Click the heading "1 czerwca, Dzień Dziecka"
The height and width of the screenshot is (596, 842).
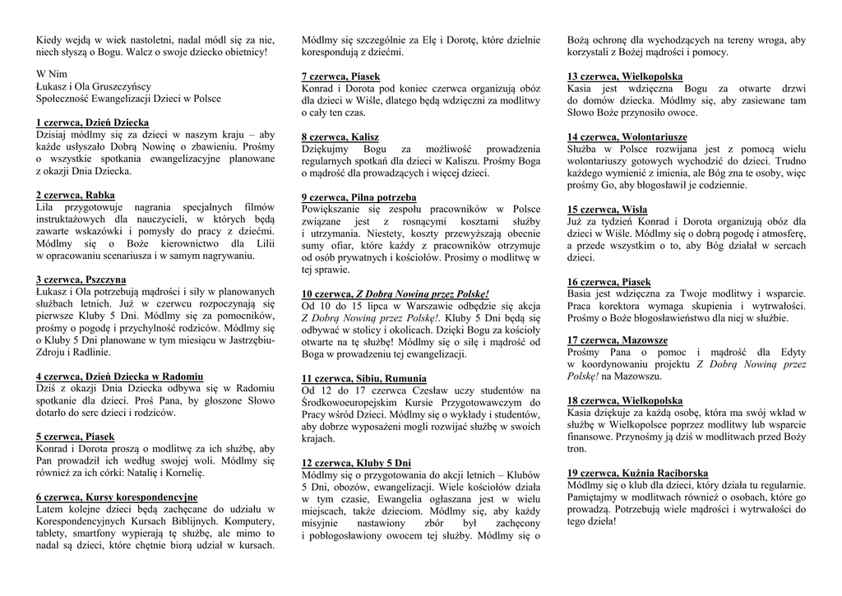pyautogui.click(x=92, y=122)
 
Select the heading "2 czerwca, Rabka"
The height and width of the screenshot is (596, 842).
pyautogui.click(x=76, y=195)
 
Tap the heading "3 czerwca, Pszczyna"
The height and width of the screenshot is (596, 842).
pyautogui.click(x=81, y=280)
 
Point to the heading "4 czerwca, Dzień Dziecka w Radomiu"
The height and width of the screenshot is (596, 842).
pyautogui.click(x=119, y=377)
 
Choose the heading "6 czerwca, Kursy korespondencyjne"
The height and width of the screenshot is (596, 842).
pyautogui.click(x=117, y=497)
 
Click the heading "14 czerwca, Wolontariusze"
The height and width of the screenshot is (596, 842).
pyautogui.click(x=627, y=136)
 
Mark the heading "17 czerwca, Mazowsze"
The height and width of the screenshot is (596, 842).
pyautogui.click(x=617, y=340)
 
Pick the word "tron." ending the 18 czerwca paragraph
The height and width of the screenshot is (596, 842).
pyautogui.click(x=576, y=449)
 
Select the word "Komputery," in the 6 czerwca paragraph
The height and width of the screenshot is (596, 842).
pyautogui.click(x=249, y=521)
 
